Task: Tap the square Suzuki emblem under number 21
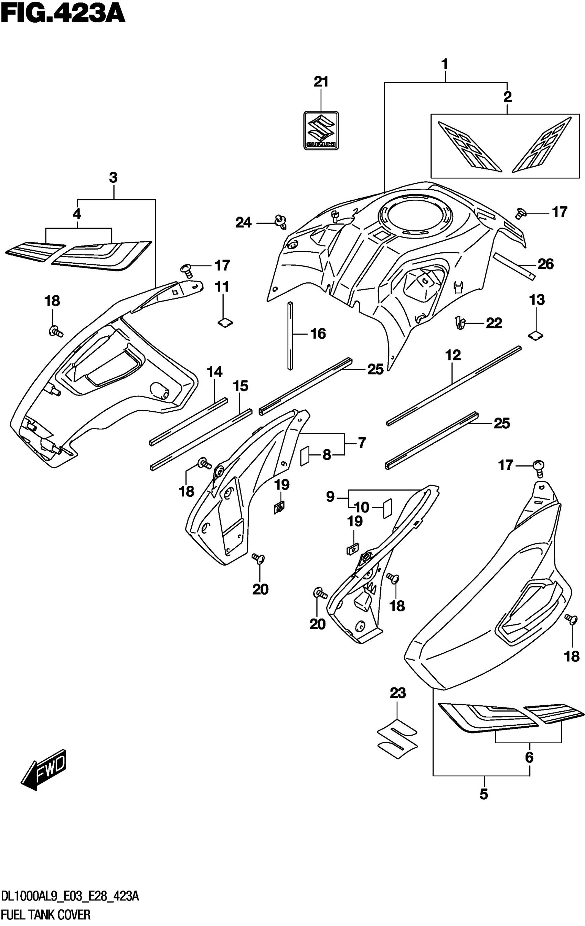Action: [x=321, y=130]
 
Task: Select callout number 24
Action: [x=243, y=223]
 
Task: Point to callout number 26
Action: [x=545, y=264]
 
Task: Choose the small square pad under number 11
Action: [x=225, y=322]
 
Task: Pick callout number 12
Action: [x=453, y=355]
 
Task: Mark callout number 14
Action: [x=214, y=372]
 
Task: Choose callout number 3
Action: [x=113, y=178]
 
